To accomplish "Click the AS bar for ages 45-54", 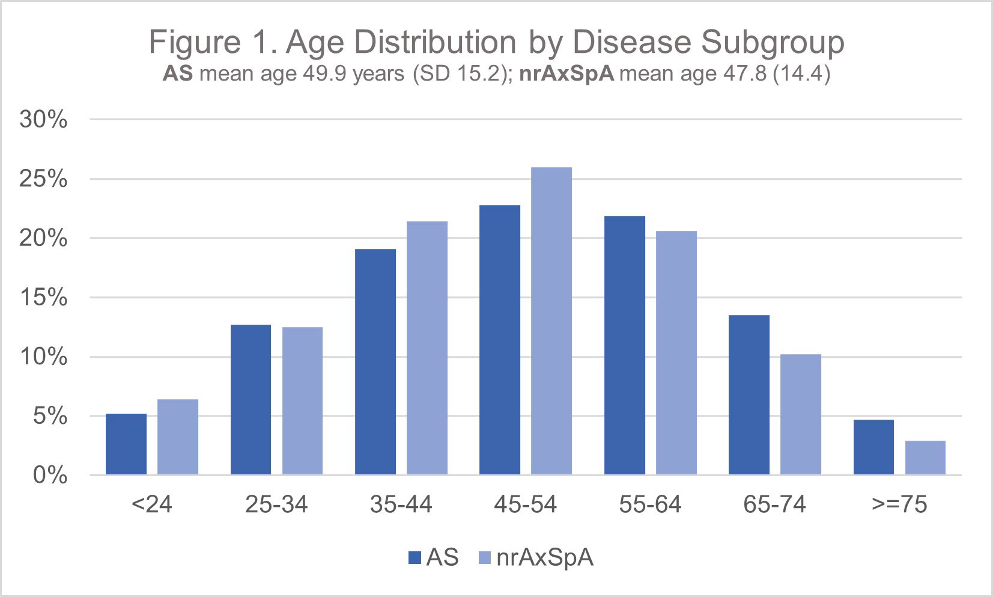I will [x=500, y=340].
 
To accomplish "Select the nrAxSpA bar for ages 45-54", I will [x=551, y=321].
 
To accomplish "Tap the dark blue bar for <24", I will [x=126, y=444].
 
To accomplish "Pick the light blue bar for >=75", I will [x=925, y=458].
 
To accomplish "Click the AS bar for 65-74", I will [x=749, y=395].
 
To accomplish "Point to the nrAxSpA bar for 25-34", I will [x=302, y=401].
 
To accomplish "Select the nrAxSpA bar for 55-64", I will [x=676, y=353].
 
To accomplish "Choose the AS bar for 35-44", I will [x=375, y=362].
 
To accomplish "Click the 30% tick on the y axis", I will [x=43, y=120].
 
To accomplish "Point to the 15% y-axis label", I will [x=43, y=298].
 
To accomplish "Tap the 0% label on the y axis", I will [x=50, y=476].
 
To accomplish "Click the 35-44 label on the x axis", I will [x=401, y=504].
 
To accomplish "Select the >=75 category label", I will [x=899, y=504].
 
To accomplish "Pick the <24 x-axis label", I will [x=152, y=504].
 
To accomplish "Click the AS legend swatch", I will [x=415, y=559].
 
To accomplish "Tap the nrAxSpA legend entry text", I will [x=545, y=558].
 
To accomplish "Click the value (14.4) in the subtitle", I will [x=801, y=75].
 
